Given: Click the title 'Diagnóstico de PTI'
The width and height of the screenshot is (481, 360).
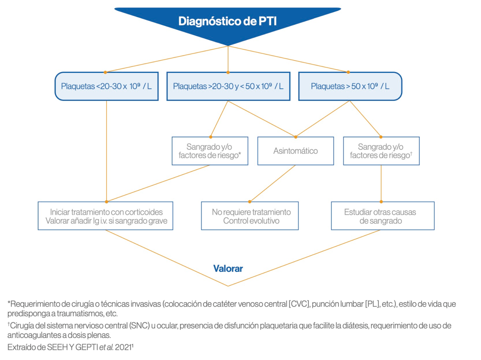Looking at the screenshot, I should click(x=227, y=21).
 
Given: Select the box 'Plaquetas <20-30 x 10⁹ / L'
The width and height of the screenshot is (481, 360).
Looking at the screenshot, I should click(x=106, y=86).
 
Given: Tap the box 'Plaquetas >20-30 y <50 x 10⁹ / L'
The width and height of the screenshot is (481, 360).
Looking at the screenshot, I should click(x=228, y=86).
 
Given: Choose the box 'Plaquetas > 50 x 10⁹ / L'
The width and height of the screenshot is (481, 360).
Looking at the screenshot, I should click(x=350, y=86).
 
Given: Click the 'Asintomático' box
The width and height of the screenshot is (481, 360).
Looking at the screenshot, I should click(x=295, y=151).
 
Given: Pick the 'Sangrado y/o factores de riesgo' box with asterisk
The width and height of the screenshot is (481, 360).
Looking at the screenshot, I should click(x=210, y=151).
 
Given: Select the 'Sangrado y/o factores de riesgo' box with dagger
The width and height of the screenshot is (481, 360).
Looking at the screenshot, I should click(x=381, y=151).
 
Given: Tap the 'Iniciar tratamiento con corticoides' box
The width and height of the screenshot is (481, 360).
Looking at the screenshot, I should click(x=106, y=216).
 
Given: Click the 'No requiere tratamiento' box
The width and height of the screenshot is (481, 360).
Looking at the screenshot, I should click(x=250, y=216).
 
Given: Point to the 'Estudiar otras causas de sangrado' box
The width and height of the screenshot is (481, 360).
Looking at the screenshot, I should click(x=382, y=216).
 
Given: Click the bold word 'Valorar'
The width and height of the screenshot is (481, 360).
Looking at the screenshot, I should click(x=228, y=269).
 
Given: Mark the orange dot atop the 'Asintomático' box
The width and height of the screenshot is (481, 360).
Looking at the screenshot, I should click(x=295, y=137).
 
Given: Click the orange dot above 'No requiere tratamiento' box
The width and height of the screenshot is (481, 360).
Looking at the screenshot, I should click(x=250, y=202).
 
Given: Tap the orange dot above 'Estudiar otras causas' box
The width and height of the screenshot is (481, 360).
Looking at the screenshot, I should click(x=381, y=202).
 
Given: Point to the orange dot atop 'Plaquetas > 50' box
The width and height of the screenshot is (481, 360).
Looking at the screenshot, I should click(x=348, y=72).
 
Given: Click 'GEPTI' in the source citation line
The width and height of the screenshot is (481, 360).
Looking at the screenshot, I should click(x=87, y=347).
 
